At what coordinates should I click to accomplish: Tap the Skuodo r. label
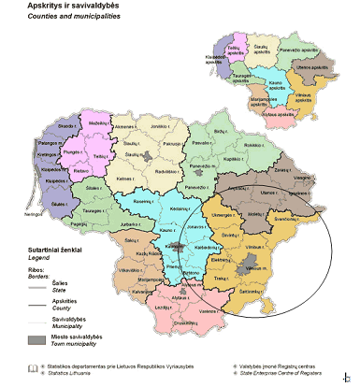coord(41,125)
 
